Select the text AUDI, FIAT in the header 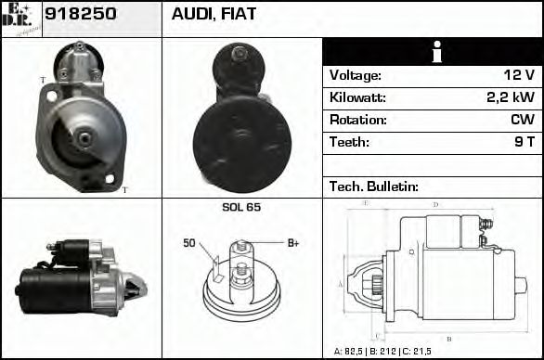pos(214,16)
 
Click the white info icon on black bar pos(434,52)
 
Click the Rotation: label pos(358,121)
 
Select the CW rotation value pos(522,121)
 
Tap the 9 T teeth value pos(524,143)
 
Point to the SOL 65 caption pos(241,207)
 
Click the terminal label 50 pos(189,244)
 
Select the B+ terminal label pos(293,243)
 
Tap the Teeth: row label pos(350,143)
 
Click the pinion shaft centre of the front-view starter pos(83,139)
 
